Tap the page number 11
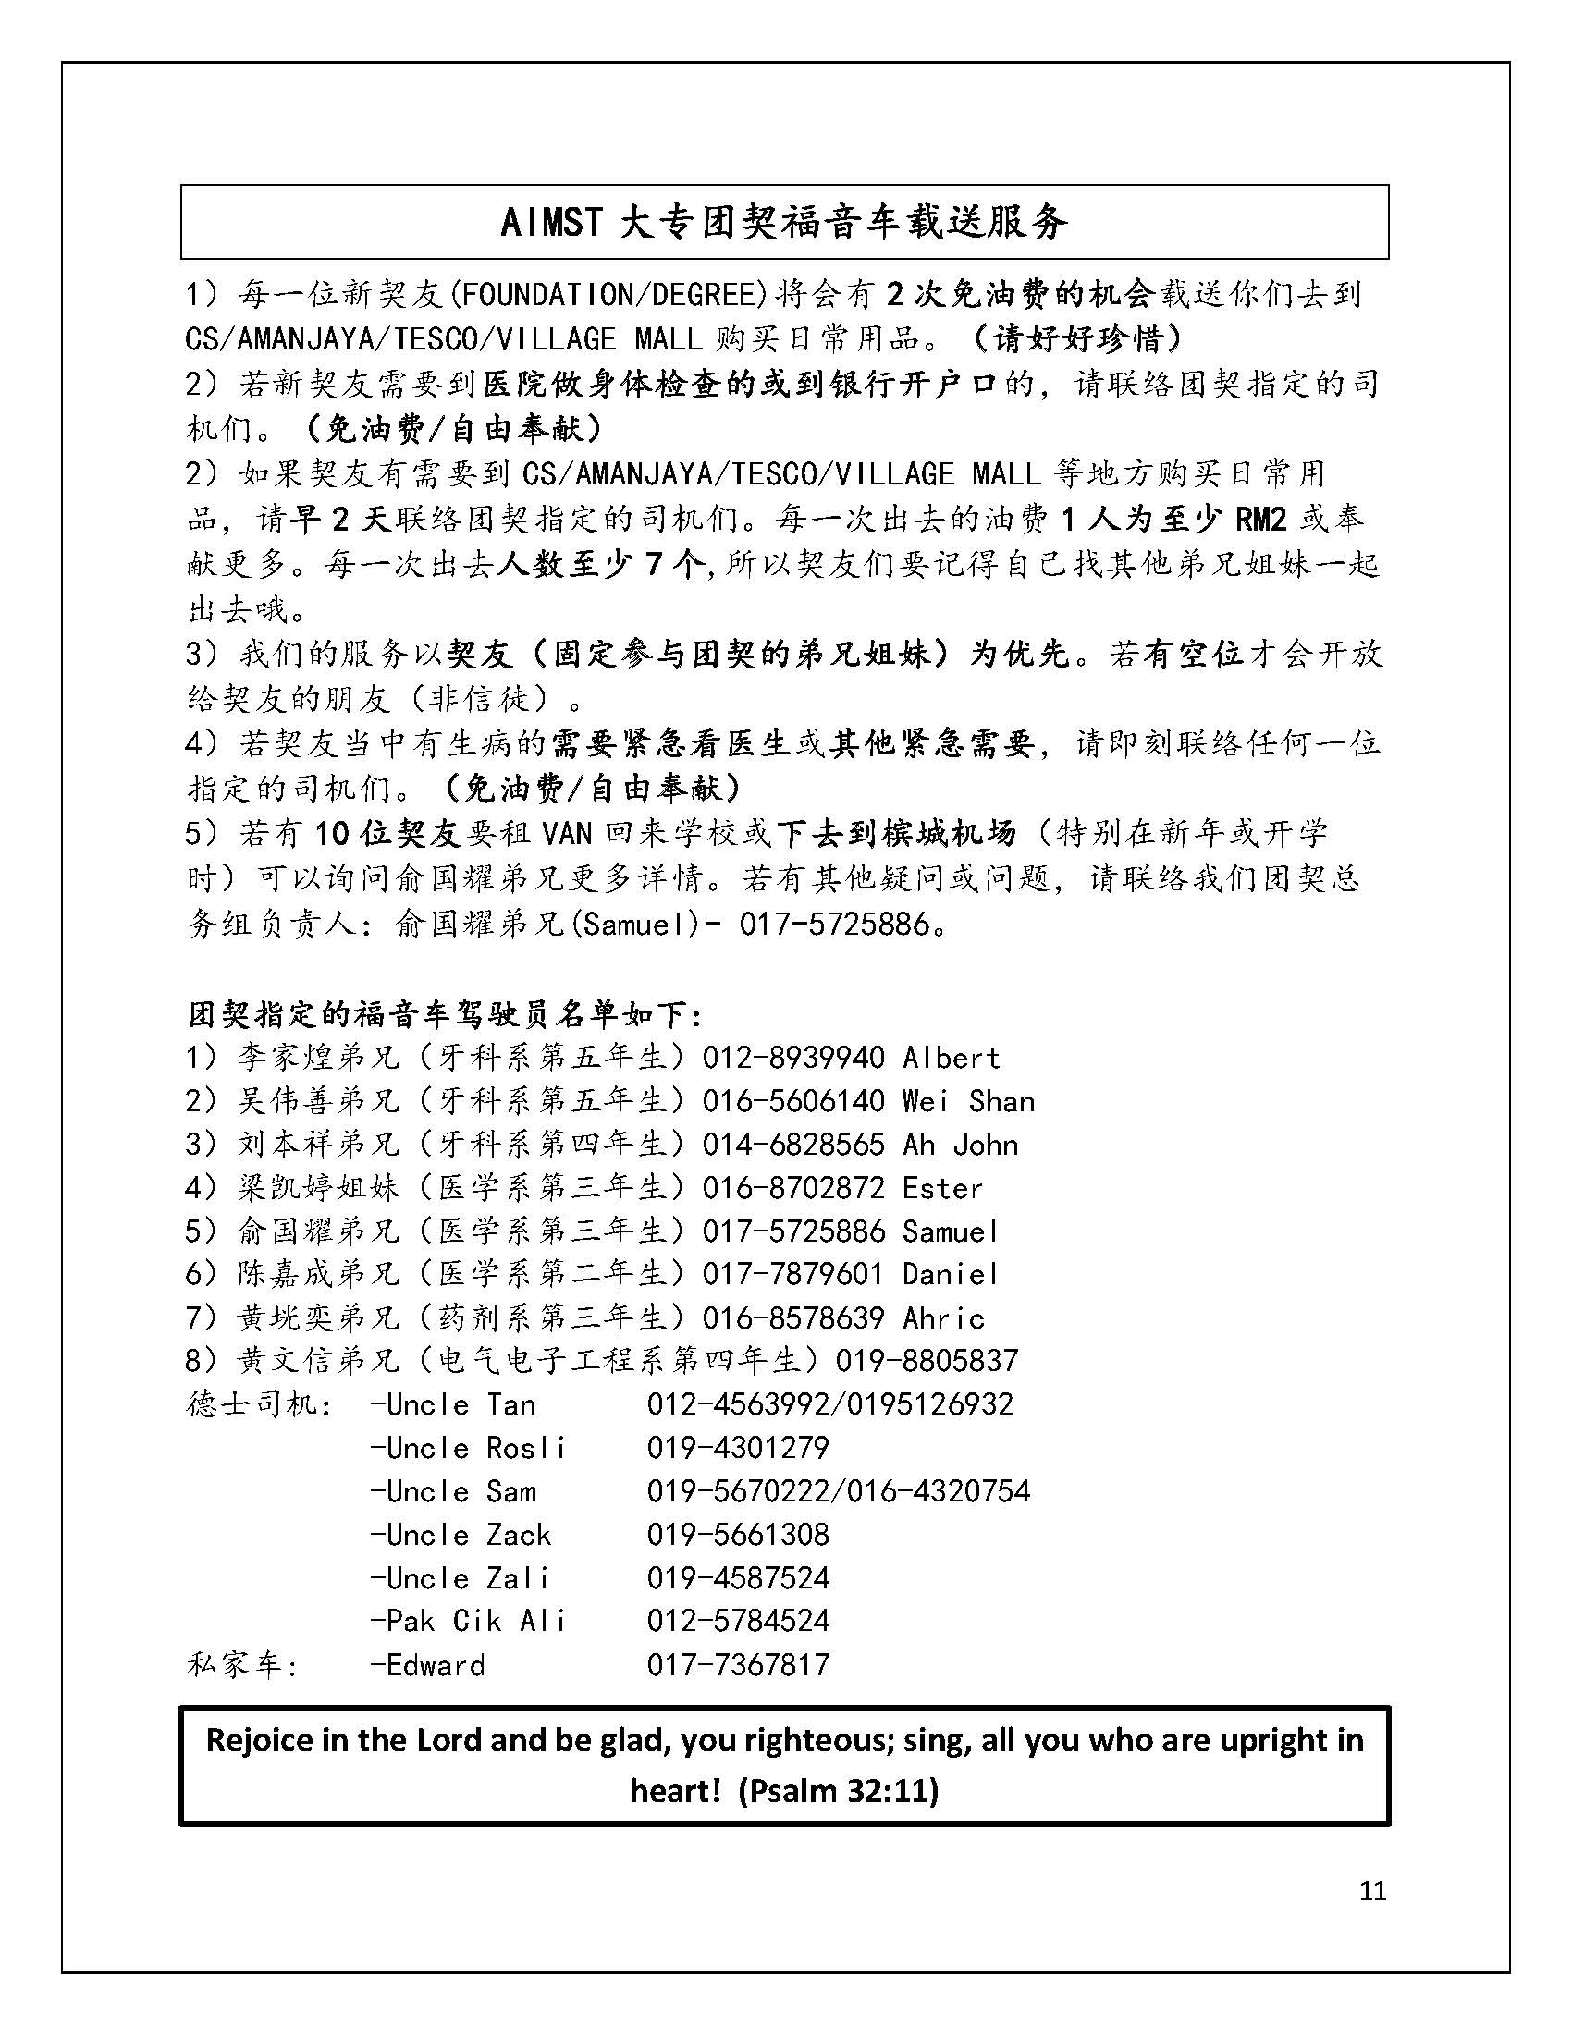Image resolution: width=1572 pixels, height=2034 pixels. [x=1372, y=1890]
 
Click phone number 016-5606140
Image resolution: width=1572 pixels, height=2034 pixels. [x=792, y=1101]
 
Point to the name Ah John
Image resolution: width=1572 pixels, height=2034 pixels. [x=960, y=1144]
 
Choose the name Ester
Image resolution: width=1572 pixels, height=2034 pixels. [x=942, y=1187]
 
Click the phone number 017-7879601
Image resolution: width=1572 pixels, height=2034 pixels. [x=792, y=1273]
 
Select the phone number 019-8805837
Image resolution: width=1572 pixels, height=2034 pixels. [x=927, y=1361]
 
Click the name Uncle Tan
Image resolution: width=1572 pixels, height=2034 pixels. [x=453, y=1404]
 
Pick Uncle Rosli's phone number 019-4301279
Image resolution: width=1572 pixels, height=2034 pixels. [x=738, y=1447]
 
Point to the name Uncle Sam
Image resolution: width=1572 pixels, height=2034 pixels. [x=453, y=1491]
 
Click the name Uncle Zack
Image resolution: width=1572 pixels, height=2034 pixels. [x=461, y=1534]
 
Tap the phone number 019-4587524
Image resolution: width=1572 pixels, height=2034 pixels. [x=738, y=1577]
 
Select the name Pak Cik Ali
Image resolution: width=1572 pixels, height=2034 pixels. [x=469, y=1621]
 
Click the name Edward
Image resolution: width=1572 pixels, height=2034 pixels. [x=427, y=1664]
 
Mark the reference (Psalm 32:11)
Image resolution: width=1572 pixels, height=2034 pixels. [x=837, y=1790]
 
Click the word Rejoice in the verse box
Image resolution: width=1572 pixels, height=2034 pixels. [x=259, y=1740]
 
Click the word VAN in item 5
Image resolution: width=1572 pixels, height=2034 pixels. [x=566, y=832]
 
